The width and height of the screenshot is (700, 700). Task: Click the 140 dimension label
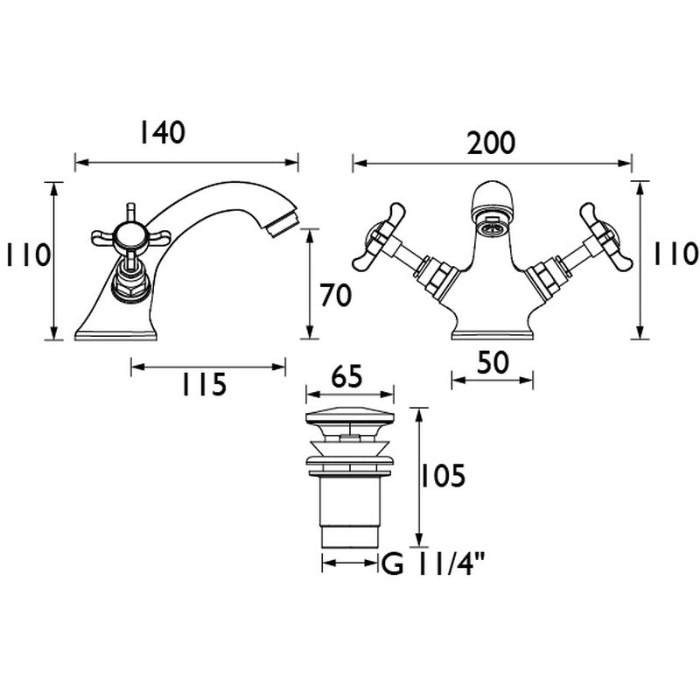(162, 132)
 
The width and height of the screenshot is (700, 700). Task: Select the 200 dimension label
(491, 143)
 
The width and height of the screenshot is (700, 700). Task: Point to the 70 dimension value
(335, 297)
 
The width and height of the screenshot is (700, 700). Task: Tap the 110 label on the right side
(674, 255)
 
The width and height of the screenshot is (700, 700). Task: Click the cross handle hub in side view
(129, 234)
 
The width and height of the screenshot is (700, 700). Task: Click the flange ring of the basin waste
(348, 458)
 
